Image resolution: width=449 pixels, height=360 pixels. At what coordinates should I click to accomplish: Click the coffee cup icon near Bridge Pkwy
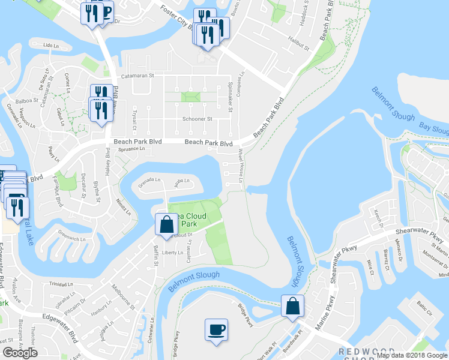[216, 329]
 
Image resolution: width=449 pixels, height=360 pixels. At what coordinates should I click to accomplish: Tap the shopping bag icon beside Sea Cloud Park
[166, 224]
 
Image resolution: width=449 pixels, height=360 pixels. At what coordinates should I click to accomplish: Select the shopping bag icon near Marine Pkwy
[292, 306]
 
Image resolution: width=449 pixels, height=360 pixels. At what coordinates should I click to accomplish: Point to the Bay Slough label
[433, 129]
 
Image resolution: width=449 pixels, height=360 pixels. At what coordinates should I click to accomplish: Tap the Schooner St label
[197, 119]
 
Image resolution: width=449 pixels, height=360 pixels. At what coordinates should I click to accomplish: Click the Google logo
[20, 353]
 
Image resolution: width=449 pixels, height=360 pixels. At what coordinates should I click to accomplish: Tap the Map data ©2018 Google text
[411, 355]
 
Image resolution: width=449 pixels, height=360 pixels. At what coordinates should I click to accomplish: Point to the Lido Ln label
[52, 46]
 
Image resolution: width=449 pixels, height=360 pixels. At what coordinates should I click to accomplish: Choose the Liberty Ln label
[172, 253]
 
